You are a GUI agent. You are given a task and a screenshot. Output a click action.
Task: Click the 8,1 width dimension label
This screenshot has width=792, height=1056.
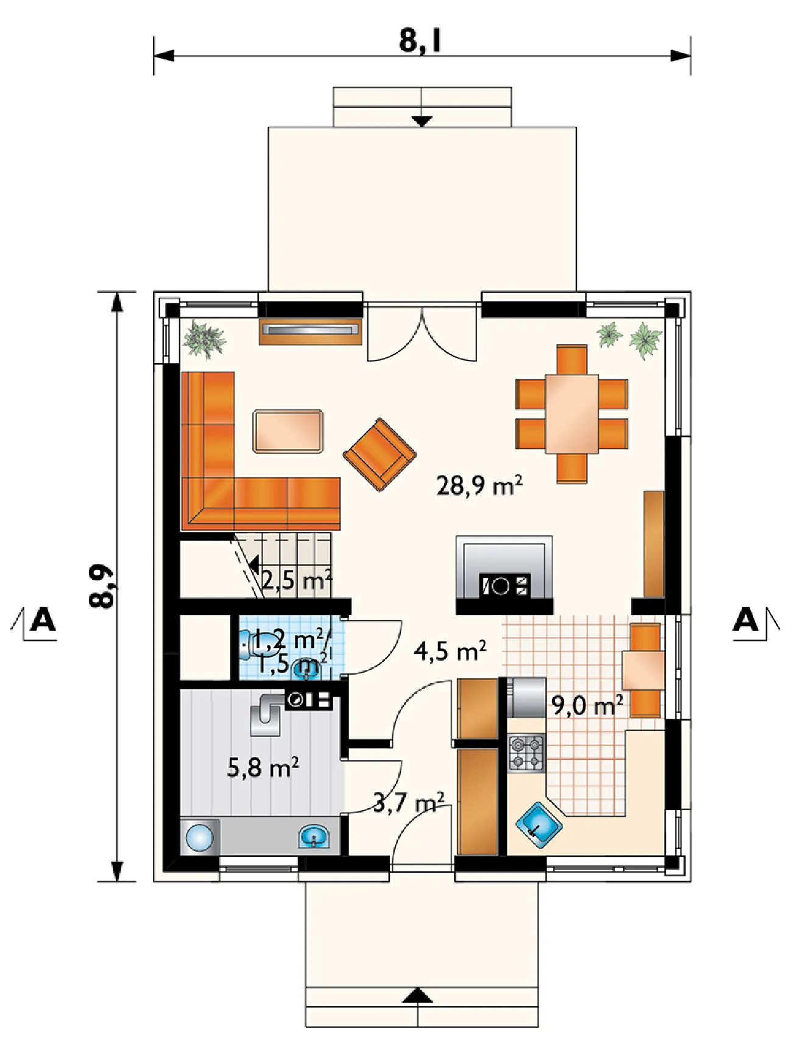420,41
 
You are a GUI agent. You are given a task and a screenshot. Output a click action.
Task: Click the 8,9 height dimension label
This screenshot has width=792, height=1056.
102,586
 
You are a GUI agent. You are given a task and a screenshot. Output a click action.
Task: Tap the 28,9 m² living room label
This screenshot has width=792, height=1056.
479,485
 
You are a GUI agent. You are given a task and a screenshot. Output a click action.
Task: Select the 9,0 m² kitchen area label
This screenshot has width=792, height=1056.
587,705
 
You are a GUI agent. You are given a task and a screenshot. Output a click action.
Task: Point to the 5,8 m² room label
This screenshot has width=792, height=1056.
263,767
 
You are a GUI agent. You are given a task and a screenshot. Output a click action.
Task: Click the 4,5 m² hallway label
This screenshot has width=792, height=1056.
450,650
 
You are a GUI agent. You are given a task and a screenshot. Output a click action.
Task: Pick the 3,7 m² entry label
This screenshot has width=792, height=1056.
409,803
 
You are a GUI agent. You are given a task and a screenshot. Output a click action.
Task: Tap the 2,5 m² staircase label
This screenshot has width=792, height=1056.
297,580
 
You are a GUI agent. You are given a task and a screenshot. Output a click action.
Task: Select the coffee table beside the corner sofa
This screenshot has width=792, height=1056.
288,431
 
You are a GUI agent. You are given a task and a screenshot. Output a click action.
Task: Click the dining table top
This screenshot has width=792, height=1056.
571,414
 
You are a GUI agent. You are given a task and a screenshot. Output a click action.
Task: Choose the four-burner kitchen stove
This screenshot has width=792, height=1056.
526,753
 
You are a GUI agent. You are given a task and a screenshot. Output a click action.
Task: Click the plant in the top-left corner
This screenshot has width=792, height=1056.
204,338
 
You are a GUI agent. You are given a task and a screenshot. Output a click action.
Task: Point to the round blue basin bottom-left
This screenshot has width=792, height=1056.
199,837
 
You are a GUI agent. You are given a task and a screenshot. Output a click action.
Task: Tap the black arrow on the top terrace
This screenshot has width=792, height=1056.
422,121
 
